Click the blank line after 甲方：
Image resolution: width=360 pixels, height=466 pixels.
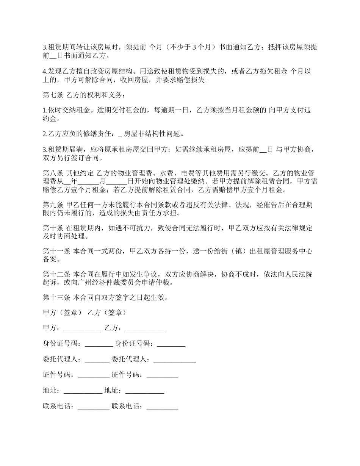click(83, 329)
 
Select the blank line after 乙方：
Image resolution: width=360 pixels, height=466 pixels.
click(144, 329)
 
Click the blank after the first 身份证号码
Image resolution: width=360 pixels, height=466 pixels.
click(99, 345)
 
